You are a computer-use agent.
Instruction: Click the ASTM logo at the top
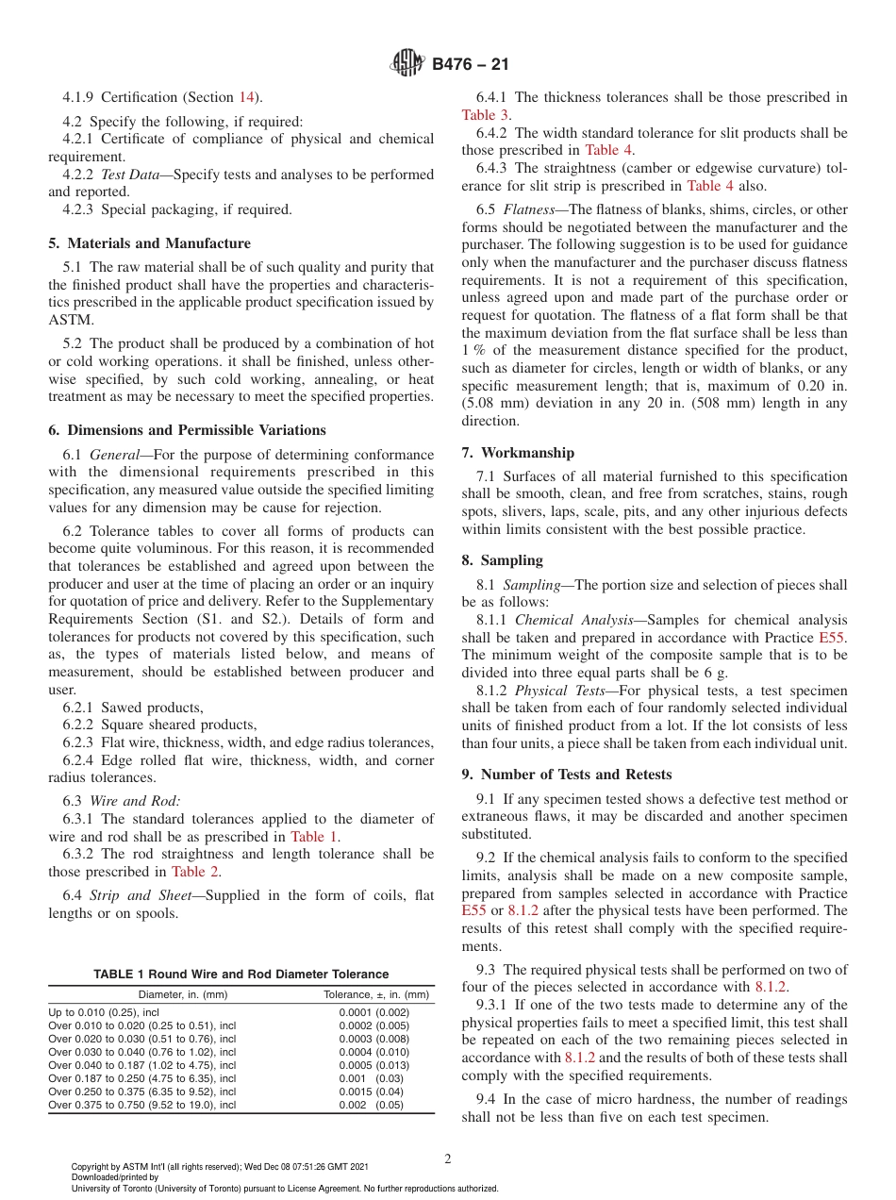407,64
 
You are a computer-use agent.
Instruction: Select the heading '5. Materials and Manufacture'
149,243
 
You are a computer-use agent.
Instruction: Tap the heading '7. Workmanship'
531,453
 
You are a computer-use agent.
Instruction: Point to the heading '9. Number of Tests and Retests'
567,775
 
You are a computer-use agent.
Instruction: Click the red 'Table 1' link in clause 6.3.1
315,836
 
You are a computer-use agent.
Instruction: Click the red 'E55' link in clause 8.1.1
833,638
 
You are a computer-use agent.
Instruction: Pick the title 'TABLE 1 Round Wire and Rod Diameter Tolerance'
241,975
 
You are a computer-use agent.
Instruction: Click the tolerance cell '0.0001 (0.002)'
374,1012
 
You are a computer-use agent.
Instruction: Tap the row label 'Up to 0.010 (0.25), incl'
104,1012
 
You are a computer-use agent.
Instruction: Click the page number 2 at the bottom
448,1159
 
